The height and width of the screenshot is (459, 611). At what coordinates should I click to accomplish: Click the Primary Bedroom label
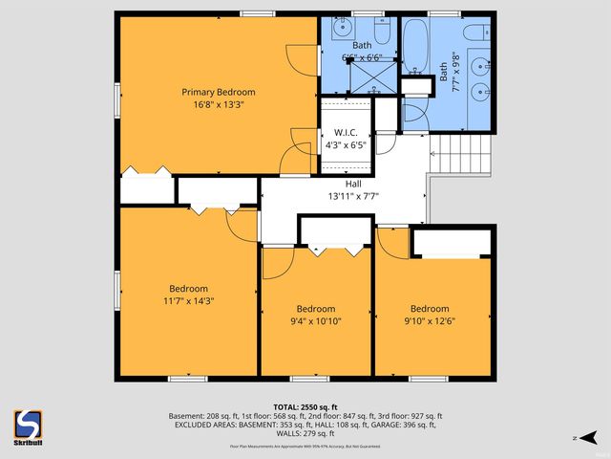(219, 92)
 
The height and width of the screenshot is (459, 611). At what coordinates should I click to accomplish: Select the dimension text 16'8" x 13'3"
(219, 105)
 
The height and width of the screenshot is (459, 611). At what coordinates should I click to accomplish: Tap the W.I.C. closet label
(345, 133)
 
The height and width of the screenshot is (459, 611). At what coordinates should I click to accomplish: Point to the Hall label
(352, 184)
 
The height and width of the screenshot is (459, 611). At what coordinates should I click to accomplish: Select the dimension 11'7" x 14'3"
(188, 300)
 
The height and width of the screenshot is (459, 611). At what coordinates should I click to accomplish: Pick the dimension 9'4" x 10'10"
(315, 321)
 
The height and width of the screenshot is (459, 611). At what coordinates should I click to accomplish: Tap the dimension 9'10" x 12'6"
(430, 321)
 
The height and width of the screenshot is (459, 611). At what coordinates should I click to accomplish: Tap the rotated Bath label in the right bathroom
(443, 76)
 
